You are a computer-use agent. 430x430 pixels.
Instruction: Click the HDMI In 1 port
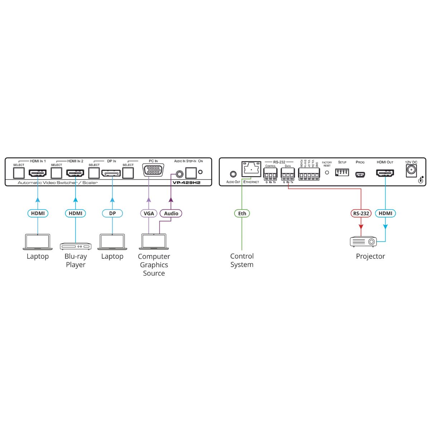coord(38,173)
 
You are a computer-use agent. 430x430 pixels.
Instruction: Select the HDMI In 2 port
coord(75,173)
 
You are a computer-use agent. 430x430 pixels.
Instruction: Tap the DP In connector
coord(111,173)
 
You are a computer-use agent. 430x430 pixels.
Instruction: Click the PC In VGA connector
coord(153,170)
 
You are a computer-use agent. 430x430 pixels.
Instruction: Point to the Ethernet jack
coord(251,169)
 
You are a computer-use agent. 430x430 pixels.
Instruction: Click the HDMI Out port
coord(385,174)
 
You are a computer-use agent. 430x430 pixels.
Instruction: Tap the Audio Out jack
coord(233,175)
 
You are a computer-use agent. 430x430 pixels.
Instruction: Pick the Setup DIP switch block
coord(342,172)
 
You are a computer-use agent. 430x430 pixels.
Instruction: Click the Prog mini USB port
coord(360,175)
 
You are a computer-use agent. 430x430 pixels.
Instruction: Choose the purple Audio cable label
coord(171,214)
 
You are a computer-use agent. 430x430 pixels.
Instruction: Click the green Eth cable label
coord(242,214)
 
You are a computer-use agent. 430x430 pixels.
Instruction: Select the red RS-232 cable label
coord(361,214)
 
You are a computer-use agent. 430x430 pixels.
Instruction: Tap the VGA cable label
coord(149,214)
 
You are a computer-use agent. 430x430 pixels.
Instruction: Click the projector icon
coord(363,242)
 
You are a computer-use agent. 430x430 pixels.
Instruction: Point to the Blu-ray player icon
coord(76,246)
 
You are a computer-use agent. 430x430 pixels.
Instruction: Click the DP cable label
coord(113,214)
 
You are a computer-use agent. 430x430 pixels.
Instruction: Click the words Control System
coord(242,261)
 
